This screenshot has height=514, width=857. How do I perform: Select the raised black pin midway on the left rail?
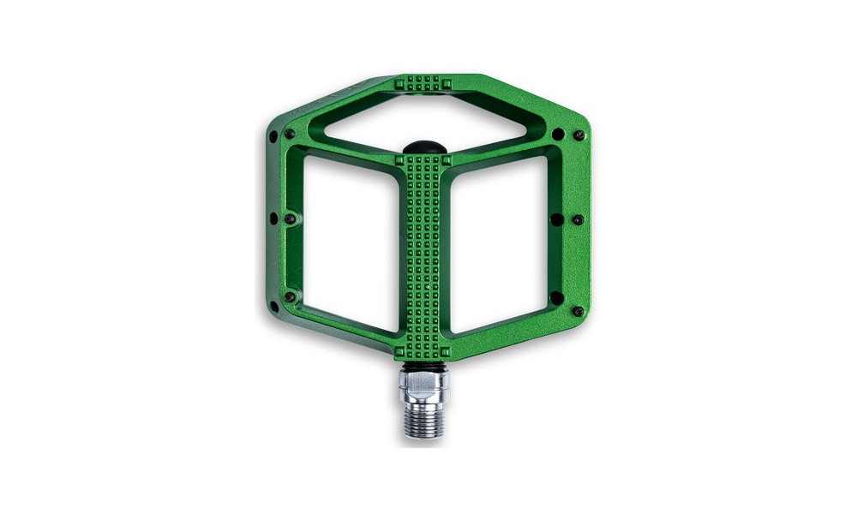tap(289, 219)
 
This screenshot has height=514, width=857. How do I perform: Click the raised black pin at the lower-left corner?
tap(290, 297)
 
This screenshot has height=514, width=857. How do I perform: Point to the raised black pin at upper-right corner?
tap(578, 135)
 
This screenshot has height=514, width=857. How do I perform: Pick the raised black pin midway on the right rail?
tap(578, 219)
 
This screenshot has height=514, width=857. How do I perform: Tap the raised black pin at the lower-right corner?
tap(578, 311)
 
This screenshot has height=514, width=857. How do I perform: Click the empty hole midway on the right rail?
tap(557, 219)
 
